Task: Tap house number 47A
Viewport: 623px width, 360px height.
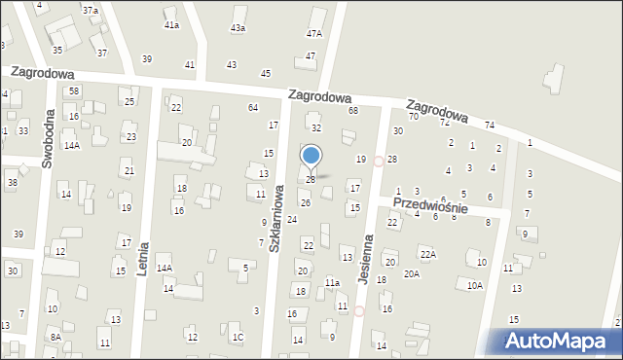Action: pos(313,33)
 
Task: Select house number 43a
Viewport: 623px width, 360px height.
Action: pos(238,28)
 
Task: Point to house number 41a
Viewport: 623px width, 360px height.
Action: pos(171,24)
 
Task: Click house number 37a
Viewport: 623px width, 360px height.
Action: pos(90,10)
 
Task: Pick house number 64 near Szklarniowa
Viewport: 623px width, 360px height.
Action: pos(253,107)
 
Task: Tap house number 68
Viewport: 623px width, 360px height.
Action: pos(353,110)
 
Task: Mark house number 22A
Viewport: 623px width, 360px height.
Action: pos(427,254)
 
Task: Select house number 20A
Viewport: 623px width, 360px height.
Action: pos(412,273)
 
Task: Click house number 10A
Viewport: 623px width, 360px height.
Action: pos(474,285)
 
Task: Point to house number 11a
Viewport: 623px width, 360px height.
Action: pos(332,282)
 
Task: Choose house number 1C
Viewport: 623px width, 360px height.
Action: pos(238,337)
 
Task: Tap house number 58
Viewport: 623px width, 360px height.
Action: pos(73,90)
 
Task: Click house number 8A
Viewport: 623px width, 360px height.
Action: pos(56,337)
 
